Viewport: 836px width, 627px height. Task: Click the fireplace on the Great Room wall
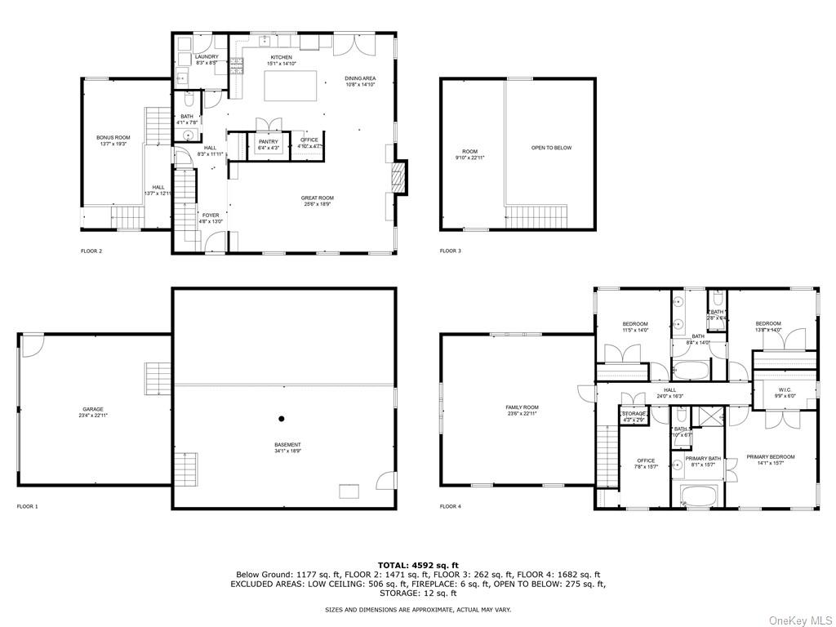(x=399, y=176)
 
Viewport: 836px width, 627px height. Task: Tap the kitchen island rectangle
(x=291, y=86)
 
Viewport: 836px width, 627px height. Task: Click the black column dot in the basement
(x=281, y=419)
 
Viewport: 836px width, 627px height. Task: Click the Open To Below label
(x=551, y=148)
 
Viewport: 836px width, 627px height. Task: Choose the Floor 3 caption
(x=451, y=251)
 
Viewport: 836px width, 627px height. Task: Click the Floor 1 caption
(x=27, y=506)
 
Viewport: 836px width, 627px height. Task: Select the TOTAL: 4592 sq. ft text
(x=418, y=564)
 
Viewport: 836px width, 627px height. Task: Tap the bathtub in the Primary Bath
(x=696, y=495)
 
